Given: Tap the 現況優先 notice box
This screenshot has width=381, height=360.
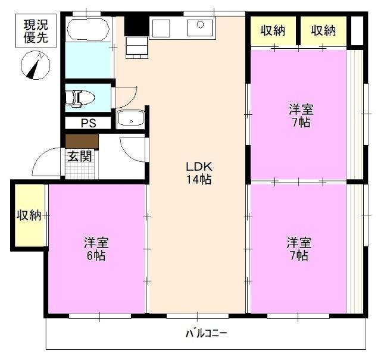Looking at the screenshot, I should (36, 30).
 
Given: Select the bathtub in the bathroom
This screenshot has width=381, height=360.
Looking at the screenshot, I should (89, 29).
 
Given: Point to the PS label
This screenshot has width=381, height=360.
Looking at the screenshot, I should (87, 124).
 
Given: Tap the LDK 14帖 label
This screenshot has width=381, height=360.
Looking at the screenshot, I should (197, 173).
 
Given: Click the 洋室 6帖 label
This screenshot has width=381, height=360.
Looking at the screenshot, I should (95, 249).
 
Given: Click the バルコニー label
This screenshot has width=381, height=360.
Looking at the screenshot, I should (206, 333).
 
